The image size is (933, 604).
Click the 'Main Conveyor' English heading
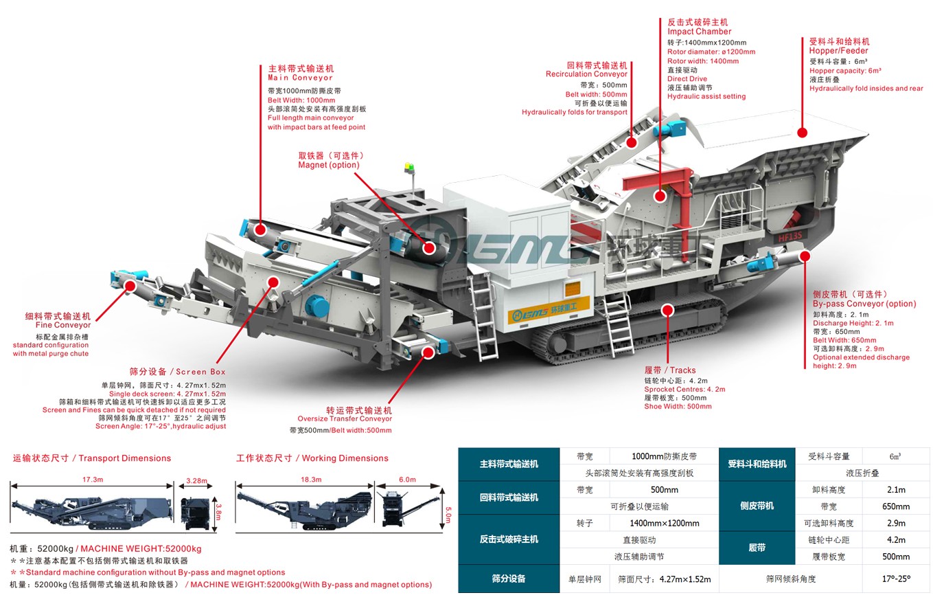coord(300,78)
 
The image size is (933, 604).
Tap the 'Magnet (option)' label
coord(328,165)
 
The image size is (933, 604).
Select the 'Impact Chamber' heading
coord(699,32)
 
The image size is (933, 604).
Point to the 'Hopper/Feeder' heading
coord(838,51)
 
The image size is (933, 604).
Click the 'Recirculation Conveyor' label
coord(586,74)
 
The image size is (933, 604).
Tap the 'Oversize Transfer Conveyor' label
coord(345,418)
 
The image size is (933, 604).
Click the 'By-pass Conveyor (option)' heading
coord(864,304)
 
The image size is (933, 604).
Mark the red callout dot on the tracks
coord(666,310)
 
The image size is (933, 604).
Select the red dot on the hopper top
coord(802,133)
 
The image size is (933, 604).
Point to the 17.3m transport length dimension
coord(92,479)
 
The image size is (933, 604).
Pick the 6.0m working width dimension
coord(407,479)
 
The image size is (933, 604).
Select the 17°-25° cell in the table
coord(896,579)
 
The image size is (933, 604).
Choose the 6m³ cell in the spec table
coord(896,456)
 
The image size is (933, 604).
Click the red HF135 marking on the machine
coord(790,238)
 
